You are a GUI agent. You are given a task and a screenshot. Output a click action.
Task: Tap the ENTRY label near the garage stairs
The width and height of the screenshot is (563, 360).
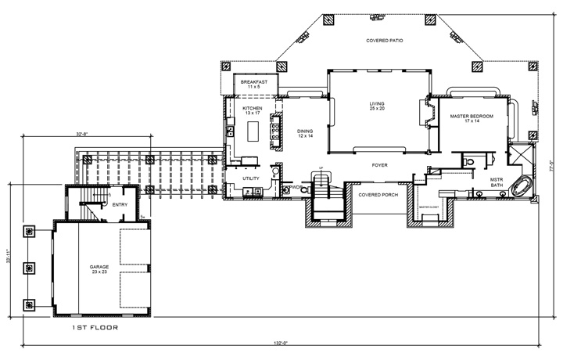[x=120, y=205]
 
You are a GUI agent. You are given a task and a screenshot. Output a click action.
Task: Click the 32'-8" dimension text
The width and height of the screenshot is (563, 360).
[x=82, y=134]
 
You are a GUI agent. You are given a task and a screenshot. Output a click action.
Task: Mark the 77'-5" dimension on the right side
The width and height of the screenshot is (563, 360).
[x=550, y=167]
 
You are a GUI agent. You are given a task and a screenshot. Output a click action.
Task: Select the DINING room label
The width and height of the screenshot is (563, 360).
[x=304, y=134]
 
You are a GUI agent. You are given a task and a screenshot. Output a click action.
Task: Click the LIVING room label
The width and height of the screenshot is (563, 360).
[x=378, y=105]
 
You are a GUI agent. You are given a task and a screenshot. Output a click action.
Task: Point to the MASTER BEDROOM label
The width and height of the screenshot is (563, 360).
[x=472, y=118]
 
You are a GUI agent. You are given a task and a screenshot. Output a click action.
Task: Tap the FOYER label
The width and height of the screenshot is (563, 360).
[x=379, y=166]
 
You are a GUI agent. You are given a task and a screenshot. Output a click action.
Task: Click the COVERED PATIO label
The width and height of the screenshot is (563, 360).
[x=384, y=40]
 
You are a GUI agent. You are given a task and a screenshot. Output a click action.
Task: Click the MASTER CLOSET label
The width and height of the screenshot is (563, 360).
[x=429, y=207]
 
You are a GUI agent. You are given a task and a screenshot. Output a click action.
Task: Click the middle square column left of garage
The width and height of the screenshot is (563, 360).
[x=30, y=268]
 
